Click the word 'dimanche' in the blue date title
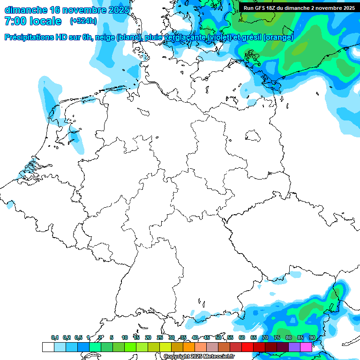pos(26,10)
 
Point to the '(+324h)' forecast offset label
pos(83,21)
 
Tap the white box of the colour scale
pos(48,347)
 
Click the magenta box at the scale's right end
pos(306,347)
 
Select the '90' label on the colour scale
pos(312,337)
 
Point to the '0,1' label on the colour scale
pos(55,337)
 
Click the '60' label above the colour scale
pos(242,337)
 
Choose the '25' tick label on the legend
pos(160,337)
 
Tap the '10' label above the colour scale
pos(124,337)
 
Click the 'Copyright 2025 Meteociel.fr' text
pos(199,357)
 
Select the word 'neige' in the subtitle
pos(105,37)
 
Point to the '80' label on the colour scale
pos(289,337)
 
